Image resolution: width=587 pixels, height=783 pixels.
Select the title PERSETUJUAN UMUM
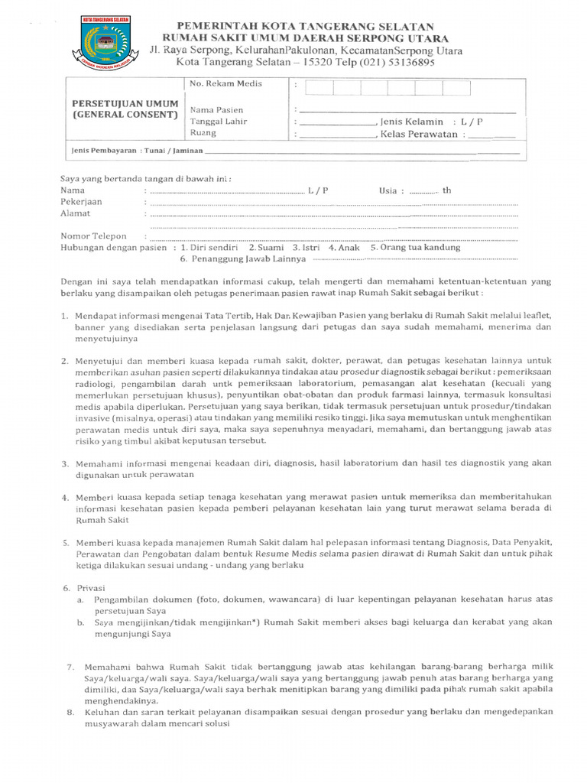pos(125,103)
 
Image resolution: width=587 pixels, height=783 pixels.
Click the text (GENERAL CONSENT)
pos(125,115)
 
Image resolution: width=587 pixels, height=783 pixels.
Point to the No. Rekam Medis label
pos(225,83)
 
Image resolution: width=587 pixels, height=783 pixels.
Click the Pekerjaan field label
pos(81,202)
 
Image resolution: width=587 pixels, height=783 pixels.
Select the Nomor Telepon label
pos(93,236)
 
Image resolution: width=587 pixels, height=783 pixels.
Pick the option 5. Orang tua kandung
pos(415,248)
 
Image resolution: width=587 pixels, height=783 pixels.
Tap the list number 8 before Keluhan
pos(70,713)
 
